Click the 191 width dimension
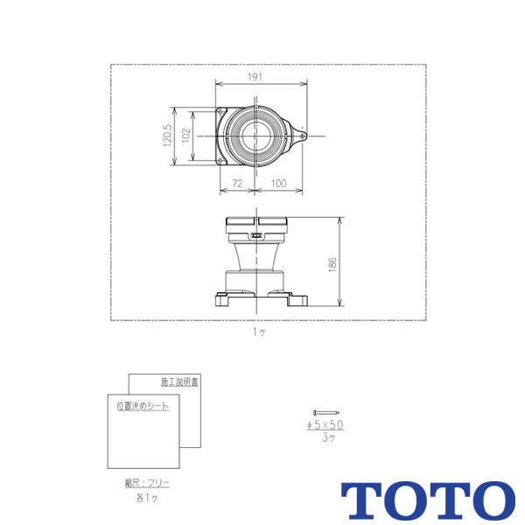[x=255, y=78]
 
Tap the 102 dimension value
[x=185, y=136]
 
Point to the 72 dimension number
[x=236, y=183]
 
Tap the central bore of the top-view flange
[x=255, y=136]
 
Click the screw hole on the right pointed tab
[x=302, y=136]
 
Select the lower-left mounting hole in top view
[x=220, y=160]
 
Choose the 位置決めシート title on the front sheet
[x=142, y=406]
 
